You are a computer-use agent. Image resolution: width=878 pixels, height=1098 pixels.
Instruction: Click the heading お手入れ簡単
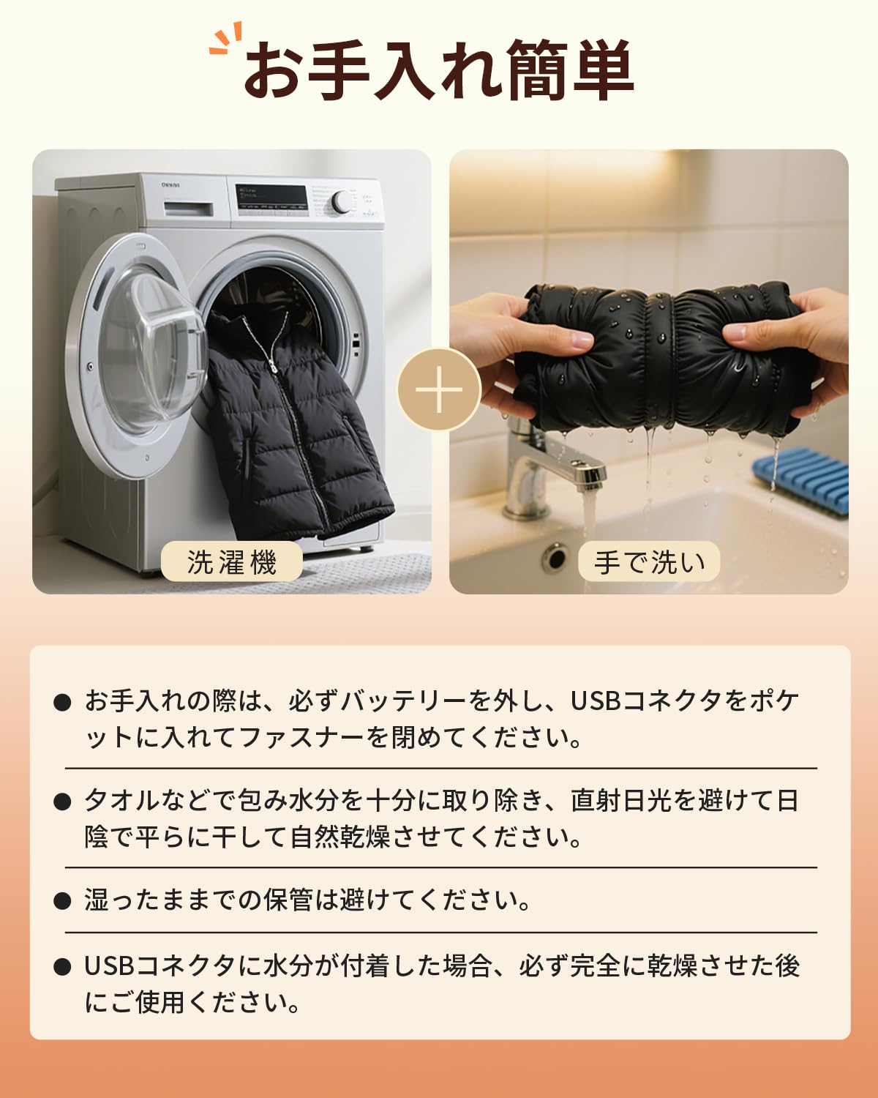(x=438, y=71)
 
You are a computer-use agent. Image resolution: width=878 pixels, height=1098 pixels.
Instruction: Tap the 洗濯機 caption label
(x=232, y=562)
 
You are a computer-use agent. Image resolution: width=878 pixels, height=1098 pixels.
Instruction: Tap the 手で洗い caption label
(x=650, y=562)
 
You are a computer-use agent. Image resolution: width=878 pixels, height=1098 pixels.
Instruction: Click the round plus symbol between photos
(x=439, y=389)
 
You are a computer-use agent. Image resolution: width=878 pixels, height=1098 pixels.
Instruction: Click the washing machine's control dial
(x=341, y=202)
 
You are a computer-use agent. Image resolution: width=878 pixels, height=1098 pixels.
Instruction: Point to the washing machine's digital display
(x=271, y=196)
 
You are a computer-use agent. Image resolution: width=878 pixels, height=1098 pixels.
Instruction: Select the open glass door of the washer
(x=139, y=351)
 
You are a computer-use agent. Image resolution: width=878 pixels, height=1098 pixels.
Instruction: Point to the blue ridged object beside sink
(x=801, y=483)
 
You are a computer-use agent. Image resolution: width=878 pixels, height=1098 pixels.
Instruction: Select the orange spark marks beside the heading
(x=225, y=42)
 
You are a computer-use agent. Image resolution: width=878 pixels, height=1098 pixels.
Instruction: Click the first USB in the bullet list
(x=596, y=701)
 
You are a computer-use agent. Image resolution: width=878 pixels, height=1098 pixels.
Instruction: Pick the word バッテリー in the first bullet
(x=402, y=701)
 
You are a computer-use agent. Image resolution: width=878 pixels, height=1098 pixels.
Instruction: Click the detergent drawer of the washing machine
(x=188, y=209)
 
